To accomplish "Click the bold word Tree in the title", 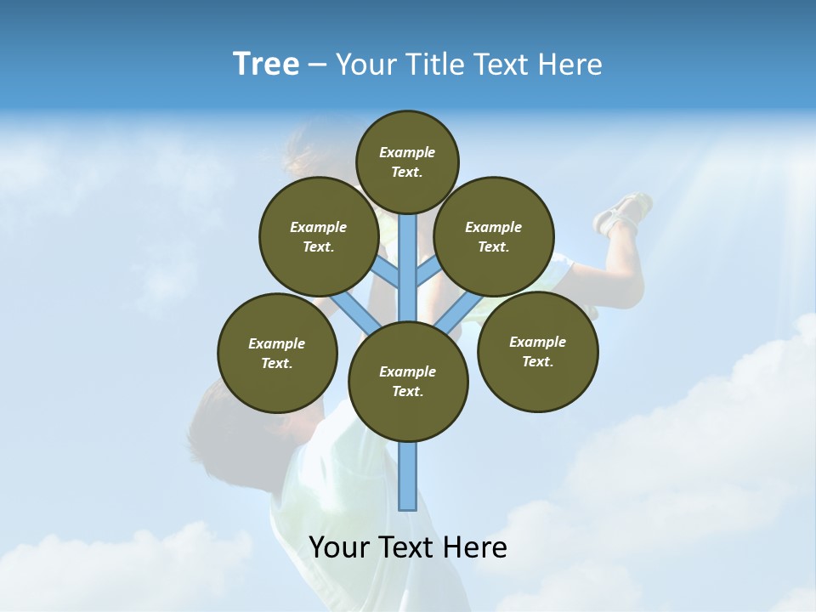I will click(x=266, y=65).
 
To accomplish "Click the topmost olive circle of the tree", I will click(x=407, y=161).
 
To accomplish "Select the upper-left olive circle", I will click(x=318, y=236).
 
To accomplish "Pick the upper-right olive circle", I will click(x=493, y=236).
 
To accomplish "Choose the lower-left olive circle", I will click(x=276, y=353).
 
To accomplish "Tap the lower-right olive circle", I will click(x=537, y=351).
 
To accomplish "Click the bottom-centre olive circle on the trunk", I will click(x=408, y=381).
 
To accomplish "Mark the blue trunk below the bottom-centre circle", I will click(x=408, y=476).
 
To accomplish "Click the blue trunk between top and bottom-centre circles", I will click(x=408, y=268).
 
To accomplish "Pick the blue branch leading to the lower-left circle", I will click(x=354, y=313).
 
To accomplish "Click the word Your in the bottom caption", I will click(x=338, y=547).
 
